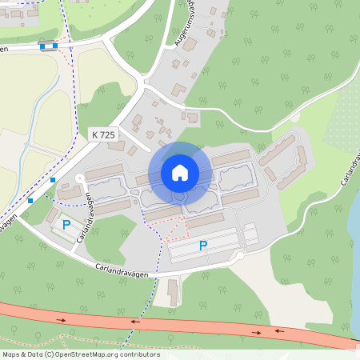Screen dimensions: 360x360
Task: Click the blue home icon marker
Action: tap(180, 172)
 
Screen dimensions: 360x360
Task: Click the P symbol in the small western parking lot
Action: tap(66, 226)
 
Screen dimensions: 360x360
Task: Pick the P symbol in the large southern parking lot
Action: tap(203, 246)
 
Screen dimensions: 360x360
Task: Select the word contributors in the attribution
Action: tap(140, 354)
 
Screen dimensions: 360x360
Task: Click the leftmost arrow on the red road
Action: tap(62, 320)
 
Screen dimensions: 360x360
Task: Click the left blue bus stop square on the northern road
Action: tap(42, 47)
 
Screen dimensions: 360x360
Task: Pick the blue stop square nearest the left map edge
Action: tap(30, 200)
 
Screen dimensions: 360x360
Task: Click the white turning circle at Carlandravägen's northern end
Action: tap(78, 176)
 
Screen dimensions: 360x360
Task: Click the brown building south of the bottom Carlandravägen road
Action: tap(174, 291)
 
